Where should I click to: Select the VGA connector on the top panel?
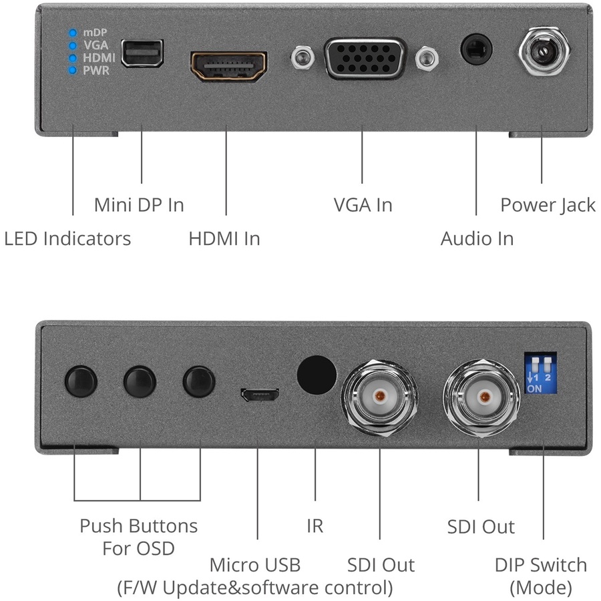click(365, 59)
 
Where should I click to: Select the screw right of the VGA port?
click(425, 59)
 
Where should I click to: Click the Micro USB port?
click(258, 396)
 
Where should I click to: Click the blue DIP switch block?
click(542, 374)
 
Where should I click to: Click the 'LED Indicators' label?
click(67, 238)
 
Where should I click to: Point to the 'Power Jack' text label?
click(548, 205)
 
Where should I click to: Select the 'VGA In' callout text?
click(363, 205)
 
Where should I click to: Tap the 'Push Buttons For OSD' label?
click(139, 537)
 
